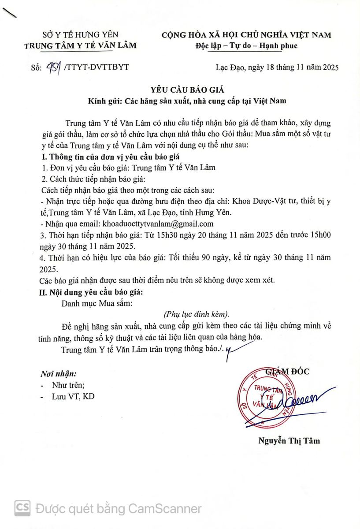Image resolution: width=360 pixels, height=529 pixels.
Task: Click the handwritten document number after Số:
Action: pos(53,67)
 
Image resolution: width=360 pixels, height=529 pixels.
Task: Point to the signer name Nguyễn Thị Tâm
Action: pos(289,440)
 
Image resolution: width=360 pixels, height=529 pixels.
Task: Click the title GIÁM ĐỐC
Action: pos(287,372)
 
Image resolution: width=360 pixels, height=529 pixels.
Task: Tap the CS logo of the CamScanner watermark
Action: pos(22,508)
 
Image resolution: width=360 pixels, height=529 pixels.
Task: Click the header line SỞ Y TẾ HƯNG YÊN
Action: pos(80,35)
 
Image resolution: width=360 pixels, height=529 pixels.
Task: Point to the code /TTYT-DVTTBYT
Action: pos(96,67)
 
